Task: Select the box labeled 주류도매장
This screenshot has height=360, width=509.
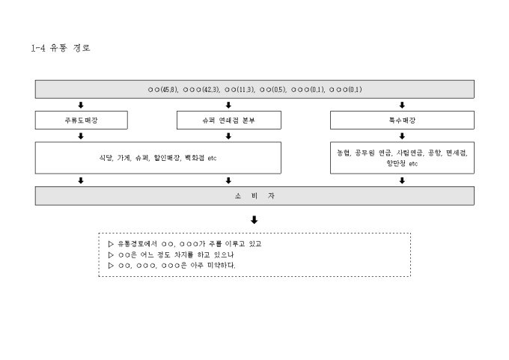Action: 80,120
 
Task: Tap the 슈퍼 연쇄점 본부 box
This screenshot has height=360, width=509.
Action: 228,120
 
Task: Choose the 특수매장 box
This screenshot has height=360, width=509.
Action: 402,120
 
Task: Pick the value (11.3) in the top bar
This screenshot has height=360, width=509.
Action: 246,90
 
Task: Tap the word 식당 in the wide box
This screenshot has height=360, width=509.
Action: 106,158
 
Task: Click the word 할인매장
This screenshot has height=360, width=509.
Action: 167,158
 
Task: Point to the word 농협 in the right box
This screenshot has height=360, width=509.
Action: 344,153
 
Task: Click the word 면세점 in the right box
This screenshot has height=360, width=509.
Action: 456,153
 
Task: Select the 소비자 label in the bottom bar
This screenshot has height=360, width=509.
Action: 254,196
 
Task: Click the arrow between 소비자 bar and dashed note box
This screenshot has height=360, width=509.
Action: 254,220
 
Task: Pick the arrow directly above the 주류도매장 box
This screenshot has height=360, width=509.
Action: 80,105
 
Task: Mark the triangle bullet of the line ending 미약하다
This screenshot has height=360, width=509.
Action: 112,265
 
